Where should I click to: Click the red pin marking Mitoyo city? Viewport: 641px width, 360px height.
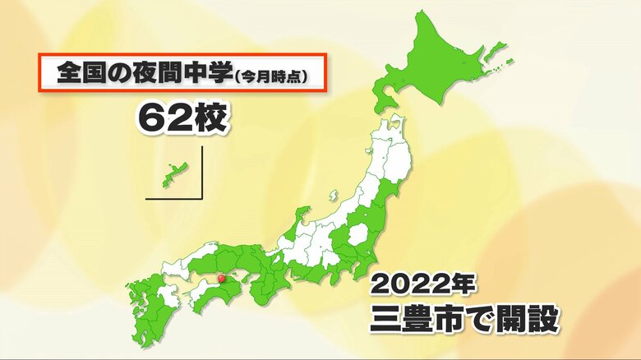[x=219, y=279]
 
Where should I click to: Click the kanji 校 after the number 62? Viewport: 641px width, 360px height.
[x=206, y=117]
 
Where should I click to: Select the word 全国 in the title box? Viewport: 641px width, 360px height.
[x=76, y=73]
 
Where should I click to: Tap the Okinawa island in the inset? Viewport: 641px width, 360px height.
[x=173, y=175]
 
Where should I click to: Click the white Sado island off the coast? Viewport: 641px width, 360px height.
[x=333, y=196]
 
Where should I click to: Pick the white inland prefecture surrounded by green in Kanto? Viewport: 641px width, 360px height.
[x=358, y=236]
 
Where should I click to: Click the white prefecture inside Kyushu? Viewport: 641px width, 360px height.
[x=168, y=297]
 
